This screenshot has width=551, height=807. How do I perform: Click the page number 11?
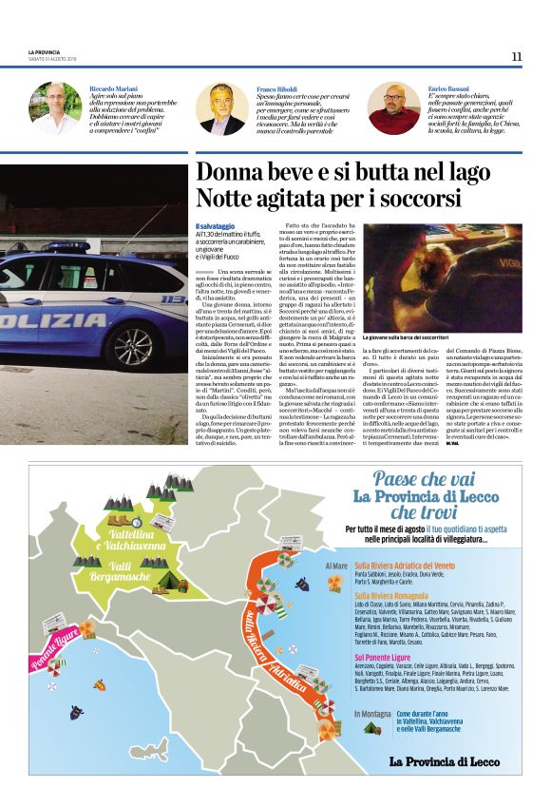[516, 57]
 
